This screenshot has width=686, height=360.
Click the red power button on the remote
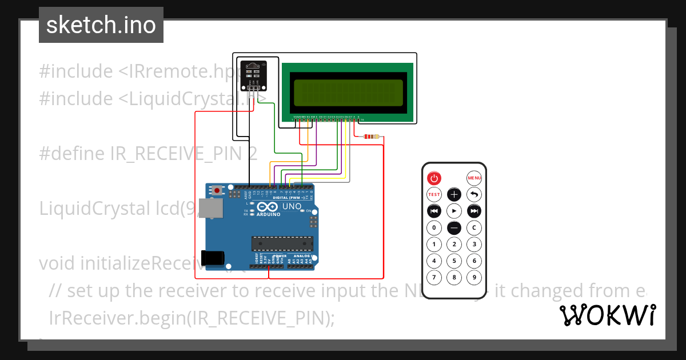434,178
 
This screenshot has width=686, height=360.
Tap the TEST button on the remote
434,194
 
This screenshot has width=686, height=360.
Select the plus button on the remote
454,194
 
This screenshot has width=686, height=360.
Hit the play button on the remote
454,211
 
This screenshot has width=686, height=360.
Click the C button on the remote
474,228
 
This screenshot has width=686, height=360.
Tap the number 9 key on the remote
474,278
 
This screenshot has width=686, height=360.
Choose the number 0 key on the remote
434,228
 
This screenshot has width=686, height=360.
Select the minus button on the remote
454,228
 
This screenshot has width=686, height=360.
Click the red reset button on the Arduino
217,190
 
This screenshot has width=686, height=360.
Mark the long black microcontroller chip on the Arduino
282,243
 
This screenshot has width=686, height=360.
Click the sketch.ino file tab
101,25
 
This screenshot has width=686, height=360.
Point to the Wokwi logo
608,315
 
